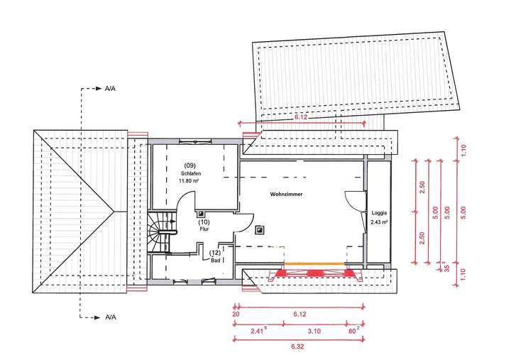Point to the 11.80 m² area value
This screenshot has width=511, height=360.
pyautogui.click(x=188, y=180)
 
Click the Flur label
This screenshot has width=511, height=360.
pyautogui.click(x=204, y=229)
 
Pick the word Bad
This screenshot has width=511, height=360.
pyautogui.click(x=214, y=260)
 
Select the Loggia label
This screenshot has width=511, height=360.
pyautogui.click(x=380, y=213)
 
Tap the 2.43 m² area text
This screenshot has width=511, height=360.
pyautogui.click(x=380, y=222)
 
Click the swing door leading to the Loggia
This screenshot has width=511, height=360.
pyautogui.click(x=355, y=203)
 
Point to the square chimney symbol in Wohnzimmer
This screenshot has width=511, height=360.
pyautogui.click(x=260, y=229)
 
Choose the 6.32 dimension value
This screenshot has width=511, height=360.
pyautogui.click(x=298, y=347)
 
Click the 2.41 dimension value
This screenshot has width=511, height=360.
pyautogui.click(x=258, y=330)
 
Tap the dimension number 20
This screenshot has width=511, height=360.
pyautogui.click(x=236, y=313)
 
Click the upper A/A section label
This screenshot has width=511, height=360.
pyautogui.click(x=111, y=90)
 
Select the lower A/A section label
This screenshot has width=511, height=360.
pyautogui.click(x=111, y=316)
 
